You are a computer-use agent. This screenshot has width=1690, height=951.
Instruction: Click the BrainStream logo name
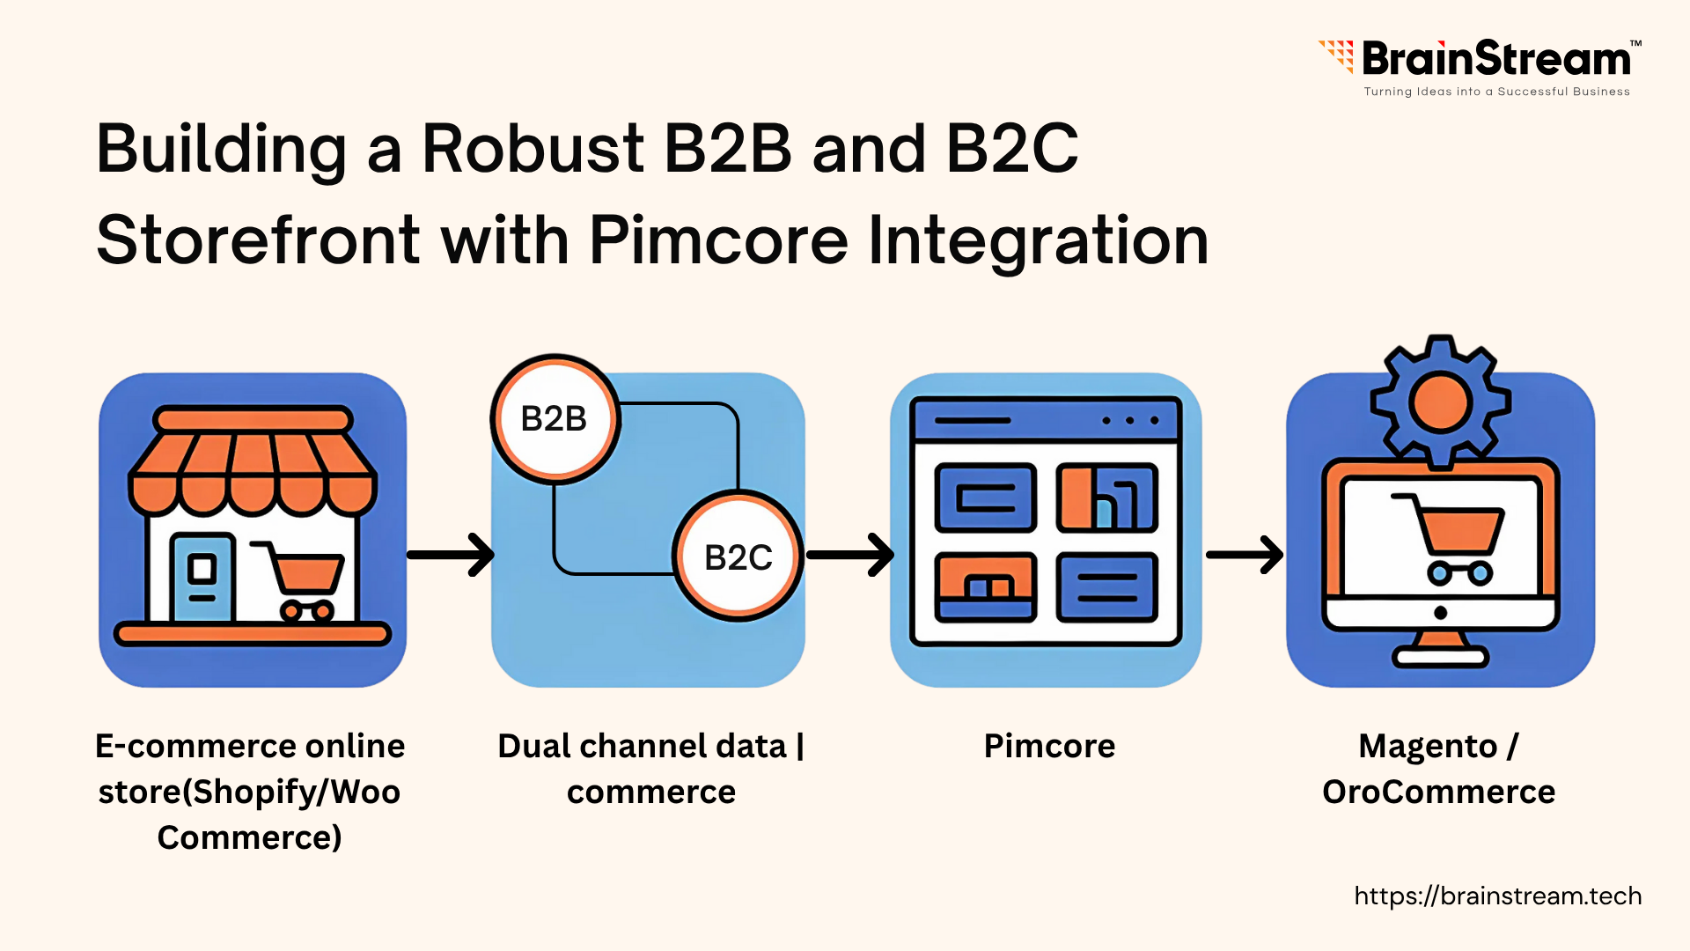1495,60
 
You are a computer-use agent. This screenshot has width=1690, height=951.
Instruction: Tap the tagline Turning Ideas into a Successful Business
1496,92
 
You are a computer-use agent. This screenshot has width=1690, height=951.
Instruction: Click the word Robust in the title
533,149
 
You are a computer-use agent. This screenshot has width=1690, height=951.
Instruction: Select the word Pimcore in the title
718,240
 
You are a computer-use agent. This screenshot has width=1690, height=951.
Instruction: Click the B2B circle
555,419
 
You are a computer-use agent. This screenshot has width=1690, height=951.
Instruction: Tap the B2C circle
738,557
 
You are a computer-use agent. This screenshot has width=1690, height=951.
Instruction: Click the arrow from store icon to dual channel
451,555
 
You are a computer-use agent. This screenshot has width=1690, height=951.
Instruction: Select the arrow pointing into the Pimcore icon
850,555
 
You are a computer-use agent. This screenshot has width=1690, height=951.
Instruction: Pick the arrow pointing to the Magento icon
1245,555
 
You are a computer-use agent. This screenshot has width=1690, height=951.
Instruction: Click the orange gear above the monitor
1440,402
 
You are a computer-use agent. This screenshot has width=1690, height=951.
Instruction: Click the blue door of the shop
203,578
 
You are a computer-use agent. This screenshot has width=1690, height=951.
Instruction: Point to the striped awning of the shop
253,471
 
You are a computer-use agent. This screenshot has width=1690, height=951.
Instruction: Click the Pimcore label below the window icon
1049,746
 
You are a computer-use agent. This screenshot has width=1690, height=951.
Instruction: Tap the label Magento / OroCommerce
1439,769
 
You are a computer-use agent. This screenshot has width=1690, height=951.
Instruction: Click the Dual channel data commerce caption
650,769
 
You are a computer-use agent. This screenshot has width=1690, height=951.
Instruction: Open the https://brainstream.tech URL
1497,896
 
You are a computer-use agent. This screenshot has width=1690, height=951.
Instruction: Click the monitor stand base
1440,656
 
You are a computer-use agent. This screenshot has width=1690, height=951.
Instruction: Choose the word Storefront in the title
258,240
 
